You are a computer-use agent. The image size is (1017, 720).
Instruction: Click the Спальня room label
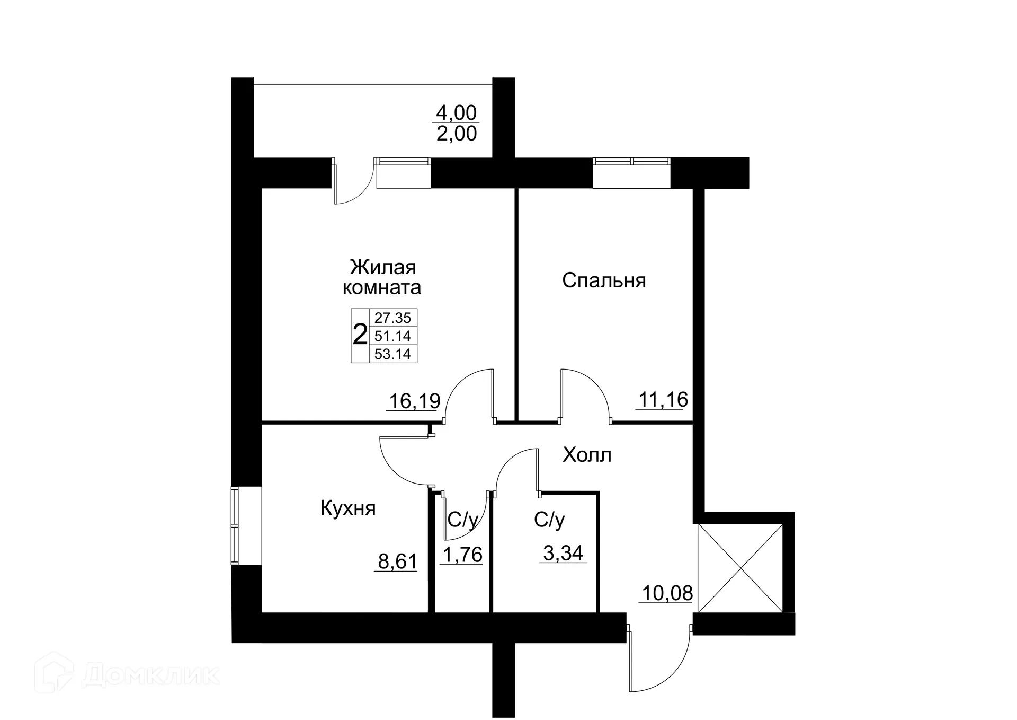604,280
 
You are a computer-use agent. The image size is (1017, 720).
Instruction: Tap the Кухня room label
348,508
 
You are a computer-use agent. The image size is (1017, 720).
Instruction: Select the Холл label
587,455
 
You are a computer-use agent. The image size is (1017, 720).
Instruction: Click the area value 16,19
414,401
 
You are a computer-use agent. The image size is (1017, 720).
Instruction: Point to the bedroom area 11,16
663,399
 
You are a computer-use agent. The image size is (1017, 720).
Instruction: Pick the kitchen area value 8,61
397,561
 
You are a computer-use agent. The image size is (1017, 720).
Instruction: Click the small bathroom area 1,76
462,555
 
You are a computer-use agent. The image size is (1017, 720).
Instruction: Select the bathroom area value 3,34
563,553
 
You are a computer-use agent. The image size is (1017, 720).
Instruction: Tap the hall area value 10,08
667,593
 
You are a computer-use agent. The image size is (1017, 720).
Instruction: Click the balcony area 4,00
456,112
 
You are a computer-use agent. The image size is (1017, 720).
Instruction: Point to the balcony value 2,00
456,134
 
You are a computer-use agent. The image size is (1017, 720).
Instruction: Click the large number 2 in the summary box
360,336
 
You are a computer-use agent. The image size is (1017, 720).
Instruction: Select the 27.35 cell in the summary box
392,318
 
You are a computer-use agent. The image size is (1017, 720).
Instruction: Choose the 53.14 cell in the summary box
392,354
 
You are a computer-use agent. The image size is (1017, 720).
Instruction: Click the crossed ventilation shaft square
741,568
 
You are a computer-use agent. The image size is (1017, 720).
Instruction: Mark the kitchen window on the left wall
235,526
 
